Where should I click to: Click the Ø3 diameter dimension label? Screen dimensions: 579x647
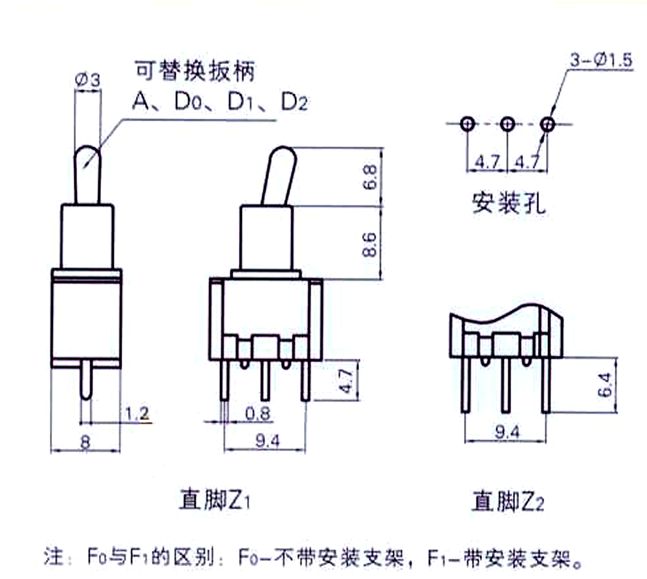point(87,80)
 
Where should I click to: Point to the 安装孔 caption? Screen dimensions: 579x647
point(509,203)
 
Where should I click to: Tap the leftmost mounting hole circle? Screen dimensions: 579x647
point(467,123)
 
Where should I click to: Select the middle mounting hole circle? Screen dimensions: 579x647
point(508,123)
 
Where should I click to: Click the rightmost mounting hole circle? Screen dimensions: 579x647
point(548,123)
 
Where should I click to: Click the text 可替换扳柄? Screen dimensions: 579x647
point(194,71)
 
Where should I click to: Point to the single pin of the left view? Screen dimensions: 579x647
point(85,381)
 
